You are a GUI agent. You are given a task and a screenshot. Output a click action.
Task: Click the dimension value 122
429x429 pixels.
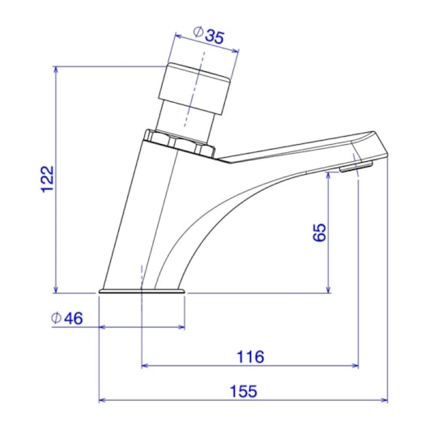click(x=47, y=179)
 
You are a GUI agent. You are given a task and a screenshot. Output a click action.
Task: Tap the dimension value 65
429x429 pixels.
click(x=319, y=232)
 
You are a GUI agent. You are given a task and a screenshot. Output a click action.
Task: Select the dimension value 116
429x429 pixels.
click(x=252, y=356)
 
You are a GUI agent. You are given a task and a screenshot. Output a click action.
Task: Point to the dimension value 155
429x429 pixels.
click(x=244, y=391)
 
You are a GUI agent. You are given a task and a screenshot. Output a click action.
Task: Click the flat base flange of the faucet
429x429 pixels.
click(x=142, y=289)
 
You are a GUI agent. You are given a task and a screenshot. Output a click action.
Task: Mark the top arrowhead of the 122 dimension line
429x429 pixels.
click(x=55, y=70)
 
